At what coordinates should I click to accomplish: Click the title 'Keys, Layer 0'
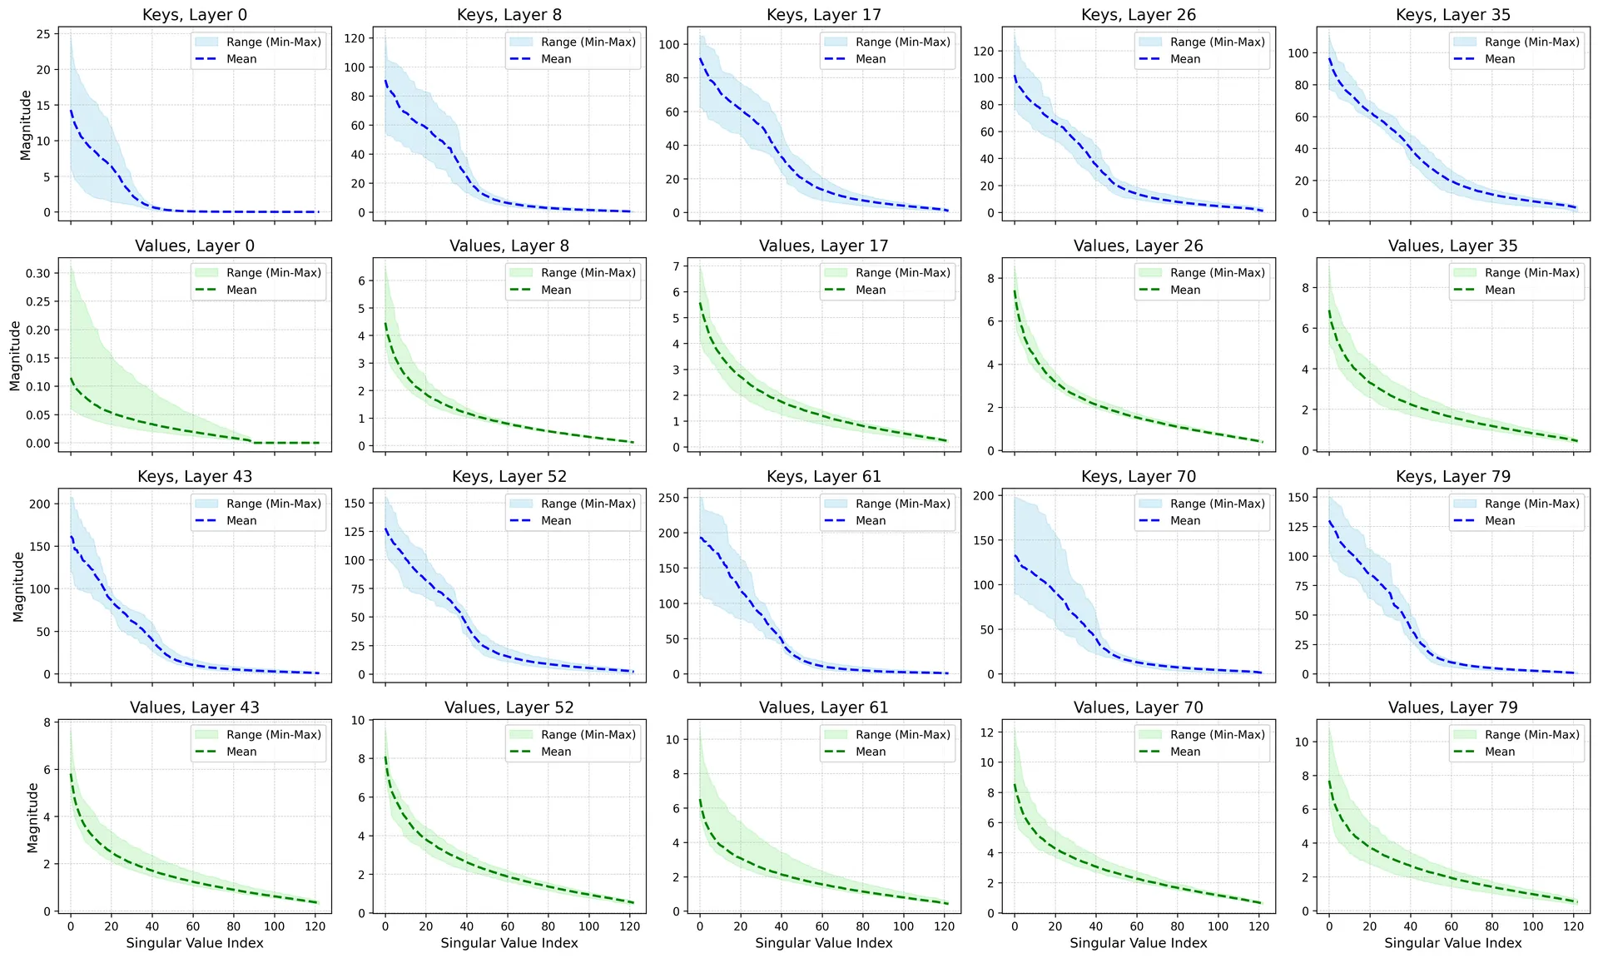point(195,15)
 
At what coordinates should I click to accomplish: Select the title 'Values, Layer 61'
point(823,707)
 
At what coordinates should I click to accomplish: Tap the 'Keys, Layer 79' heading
point(1452,477)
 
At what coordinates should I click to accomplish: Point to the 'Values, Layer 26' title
point(1138,246)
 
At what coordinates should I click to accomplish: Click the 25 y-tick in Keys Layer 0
point(42,34)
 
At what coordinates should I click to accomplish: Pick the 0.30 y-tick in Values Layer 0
point(37,273)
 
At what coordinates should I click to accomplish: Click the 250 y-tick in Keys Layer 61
point(668,498)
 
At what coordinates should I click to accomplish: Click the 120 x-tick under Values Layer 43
point(315,926)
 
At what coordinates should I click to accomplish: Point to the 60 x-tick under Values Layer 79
point(1451,926)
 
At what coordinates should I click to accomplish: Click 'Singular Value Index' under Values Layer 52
point(509,943)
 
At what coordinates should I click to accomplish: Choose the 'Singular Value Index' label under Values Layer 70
point(1138,943)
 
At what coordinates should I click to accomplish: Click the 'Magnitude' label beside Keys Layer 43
point(19,588)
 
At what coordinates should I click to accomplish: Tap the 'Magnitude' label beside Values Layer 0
point(15,356)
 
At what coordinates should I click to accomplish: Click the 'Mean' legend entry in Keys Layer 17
point(871,59)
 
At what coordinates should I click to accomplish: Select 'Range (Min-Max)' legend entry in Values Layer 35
point(1531,273)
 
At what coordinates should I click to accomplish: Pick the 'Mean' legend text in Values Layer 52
point(556,752)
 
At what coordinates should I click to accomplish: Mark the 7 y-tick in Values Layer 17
point(677,266)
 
